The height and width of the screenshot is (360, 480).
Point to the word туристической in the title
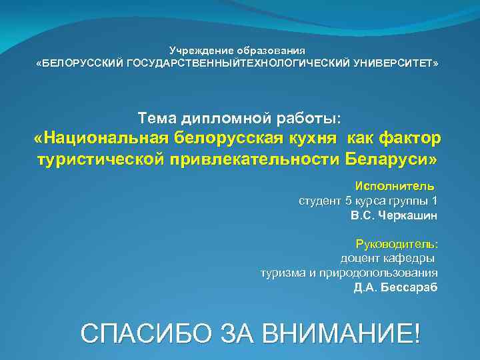[97, 160]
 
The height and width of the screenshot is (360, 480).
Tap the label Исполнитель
[395, 185]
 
